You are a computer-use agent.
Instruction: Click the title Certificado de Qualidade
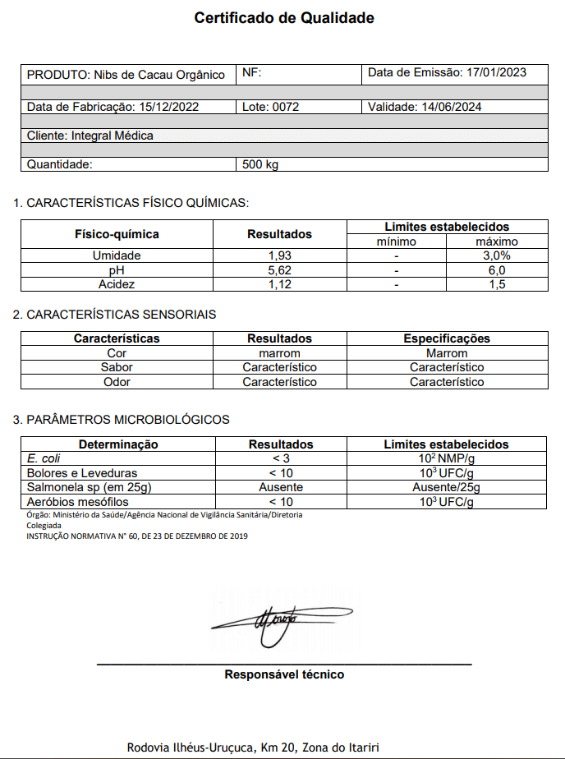click(284, 18)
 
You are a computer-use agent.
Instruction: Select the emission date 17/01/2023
click(496, 73)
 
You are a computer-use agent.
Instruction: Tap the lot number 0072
click(286, 107)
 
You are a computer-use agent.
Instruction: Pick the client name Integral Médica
click(113, 136)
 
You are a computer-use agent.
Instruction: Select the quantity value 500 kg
click(261, 164)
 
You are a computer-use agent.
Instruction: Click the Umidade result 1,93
click(280, 255)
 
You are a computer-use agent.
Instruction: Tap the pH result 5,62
click(280, 270)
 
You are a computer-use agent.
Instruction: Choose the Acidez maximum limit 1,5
click(497, 284)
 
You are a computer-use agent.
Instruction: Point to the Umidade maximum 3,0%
click(497, 255)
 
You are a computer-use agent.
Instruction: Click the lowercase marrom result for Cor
click(280, 353)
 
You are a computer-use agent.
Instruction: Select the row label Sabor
click(117, 367)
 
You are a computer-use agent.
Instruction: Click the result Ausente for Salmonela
click(281, 487)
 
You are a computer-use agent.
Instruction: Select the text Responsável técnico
click(284, 675)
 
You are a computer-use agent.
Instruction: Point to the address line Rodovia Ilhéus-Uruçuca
click(253, 747)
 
